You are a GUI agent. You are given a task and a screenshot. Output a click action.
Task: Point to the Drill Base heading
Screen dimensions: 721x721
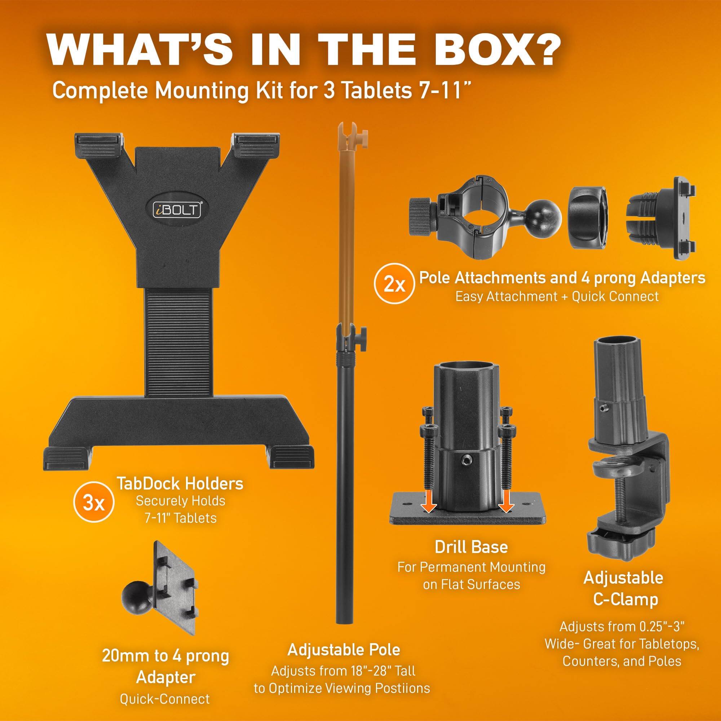click(471, 547)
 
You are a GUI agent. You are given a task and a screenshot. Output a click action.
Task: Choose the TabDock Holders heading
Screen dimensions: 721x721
click(180, 484)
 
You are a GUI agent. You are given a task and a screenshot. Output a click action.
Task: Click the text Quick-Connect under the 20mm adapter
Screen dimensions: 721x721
click(165, 699)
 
